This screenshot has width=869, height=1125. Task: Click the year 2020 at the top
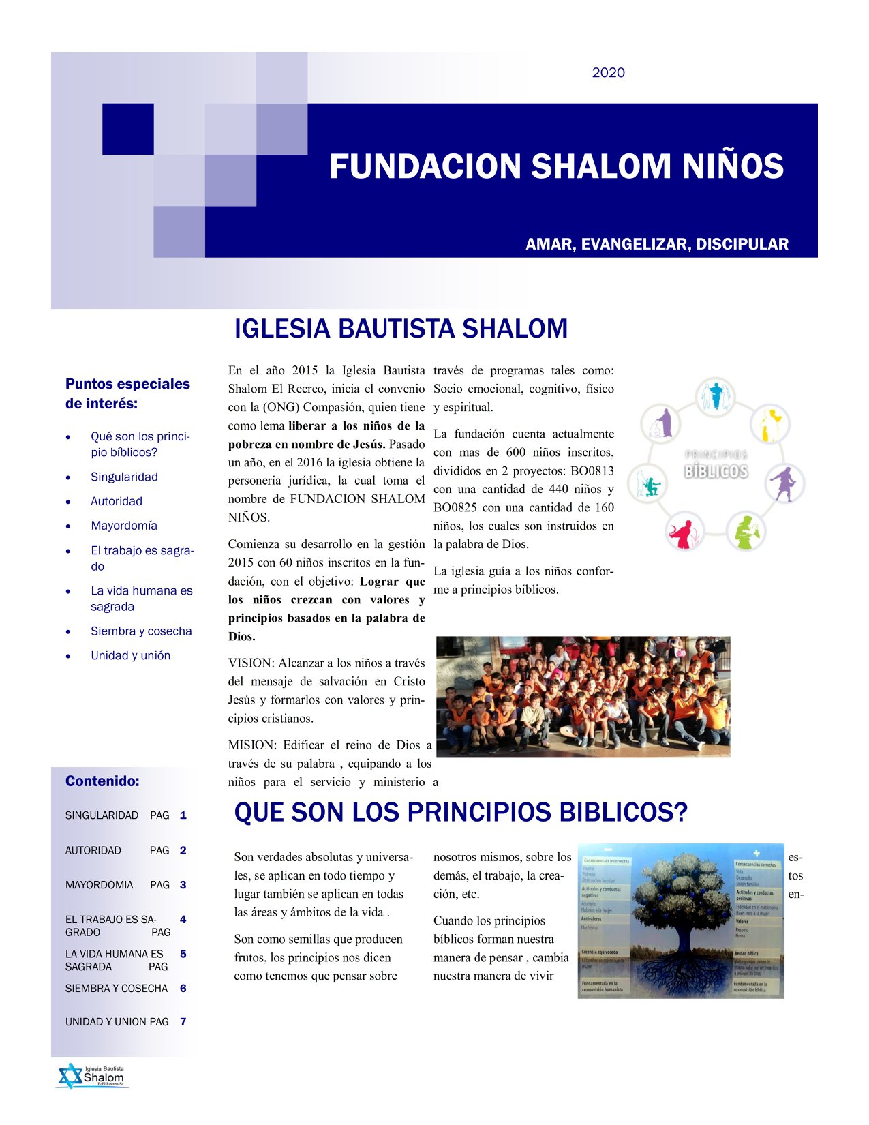point(608,73)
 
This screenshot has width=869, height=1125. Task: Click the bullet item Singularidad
point(124,477)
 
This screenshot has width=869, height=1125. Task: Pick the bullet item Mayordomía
point(124,526)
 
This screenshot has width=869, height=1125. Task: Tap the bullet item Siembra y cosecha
point(141,631)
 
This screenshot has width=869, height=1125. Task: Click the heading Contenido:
point(102,781)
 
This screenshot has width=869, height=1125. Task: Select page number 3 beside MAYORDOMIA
point(183,885)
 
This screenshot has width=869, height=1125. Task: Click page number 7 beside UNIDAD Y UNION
point(183,1022)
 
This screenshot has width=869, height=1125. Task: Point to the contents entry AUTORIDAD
point(93,851)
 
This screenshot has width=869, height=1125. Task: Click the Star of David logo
point(69,1076)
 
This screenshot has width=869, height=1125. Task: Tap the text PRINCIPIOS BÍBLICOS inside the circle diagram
point(716,464)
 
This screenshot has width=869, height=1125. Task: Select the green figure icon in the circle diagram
point(747,530)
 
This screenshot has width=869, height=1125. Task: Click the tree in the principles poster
point(682,907)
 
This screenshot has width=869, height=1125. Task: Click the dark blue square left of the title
point(127,129)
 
